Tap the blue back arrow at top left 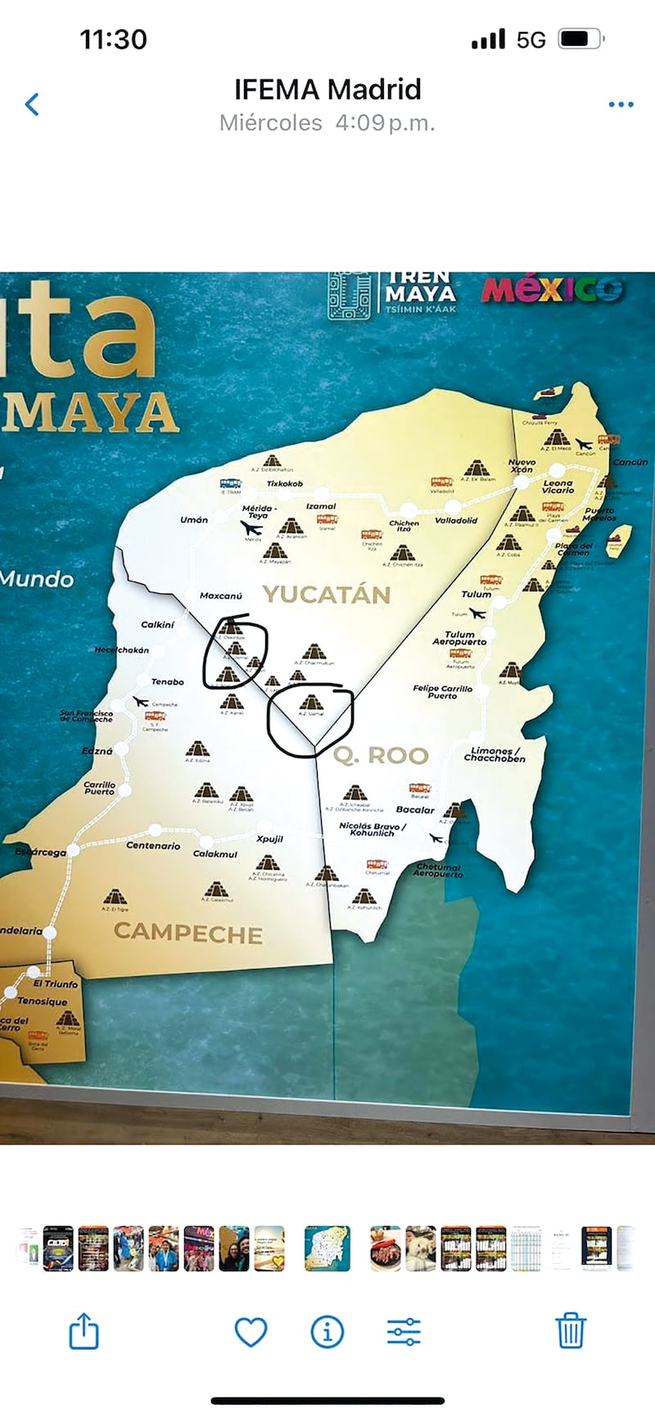[x=32, y=104]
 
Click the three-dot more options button [x=621, y=104]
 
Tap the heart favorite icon [x=251, y=1333]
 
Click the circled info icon [x=327, y=1333]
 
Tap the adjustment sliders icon [x=404, y=1333]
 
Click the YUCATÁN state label [x=326, y=595]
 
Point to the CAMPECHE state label [x=188, y=934]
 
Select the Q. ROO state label [x=381, y=755]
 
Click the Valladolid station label [x=456, y=520]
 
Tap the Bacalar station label [x=415, y=810]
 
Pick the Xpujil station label [x=269, y=840]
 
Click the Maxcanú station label [x=221, y=595]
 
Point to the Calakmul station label [x=215, y=854]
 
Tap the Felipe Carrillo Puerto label [x=442, y=692]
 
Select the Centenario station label [x=153, y=846]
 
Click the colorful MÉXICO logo [x=552, y=290]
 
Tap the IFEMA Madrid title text [x=327, y=88]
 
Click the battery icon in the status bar [x=580, y=38]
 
